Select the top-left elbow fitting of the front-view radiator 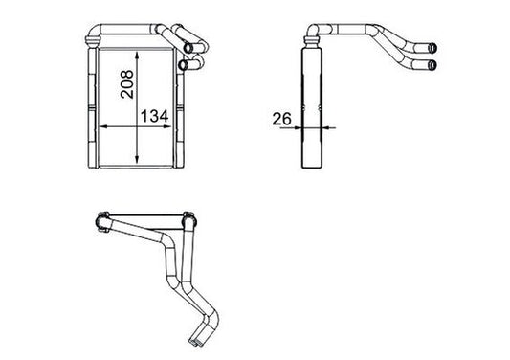click(x=91, y=35)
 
